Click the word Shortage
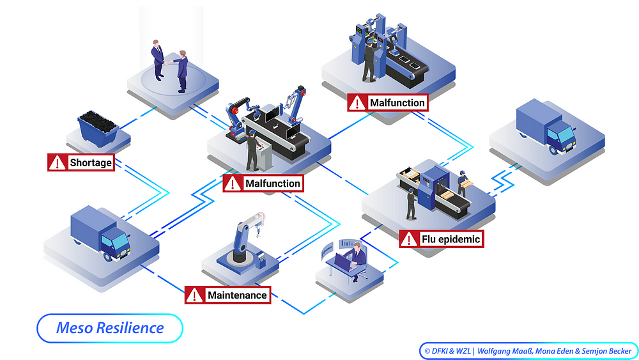pyautogui.click(x=91, y=162)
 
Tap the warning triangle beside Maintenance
pyautogui.click(x=194, y=295)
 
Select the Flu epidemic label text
pyautogui.click(x=450, y=239)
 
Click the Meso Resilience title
pyautogui.click(x=110, y=328)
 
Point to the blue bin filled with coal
pyautogui.click(x=98, y=128)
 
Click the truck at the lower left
pyautogui.click(x=100, y=233)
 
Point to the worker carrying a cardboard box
pyautogui.click(x=463, y=184)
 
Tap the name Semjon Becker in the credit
pyautogui.click(x=606, y=351)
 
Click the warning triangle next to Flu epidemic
pyautogui.click(x=409, y=239)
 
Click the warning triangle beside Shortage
pyautogui.click(x=57, y=162)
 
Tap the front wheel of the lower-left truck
pyautogui.click(x=107, y=256)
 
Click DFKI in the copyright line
pyautogui.click(x=440, y=351)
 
